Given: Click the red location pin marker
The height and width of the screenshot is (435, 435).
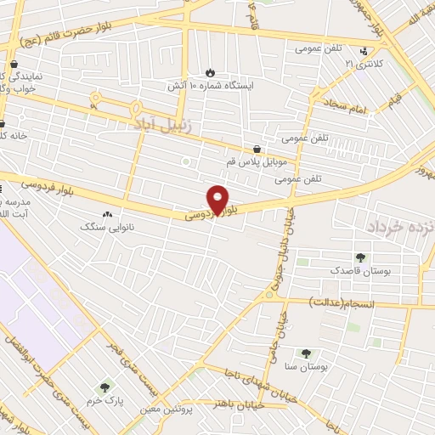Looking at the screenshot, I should (218, 200).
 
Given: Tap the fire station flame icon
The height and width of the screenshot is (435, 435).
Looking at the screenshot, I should (211, 72).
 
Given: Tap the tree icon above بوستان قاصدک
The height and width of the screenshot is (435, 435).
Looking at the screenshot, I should (360, 257).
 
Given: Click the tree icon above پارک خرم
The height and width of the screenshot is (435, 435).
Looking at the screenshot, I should (106, 387).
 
